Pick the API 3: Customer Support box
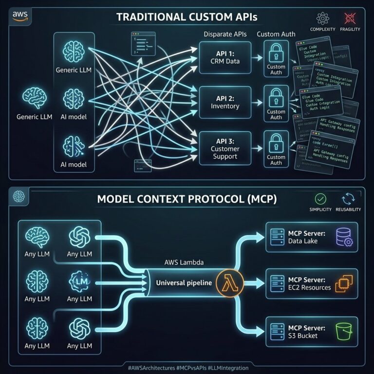224,149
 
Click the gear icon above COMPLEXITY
322,19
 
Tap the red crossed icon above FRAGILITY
349,19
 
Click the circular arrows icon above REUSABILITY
349,199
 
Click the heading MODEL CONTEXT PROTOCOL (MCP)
187,199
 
